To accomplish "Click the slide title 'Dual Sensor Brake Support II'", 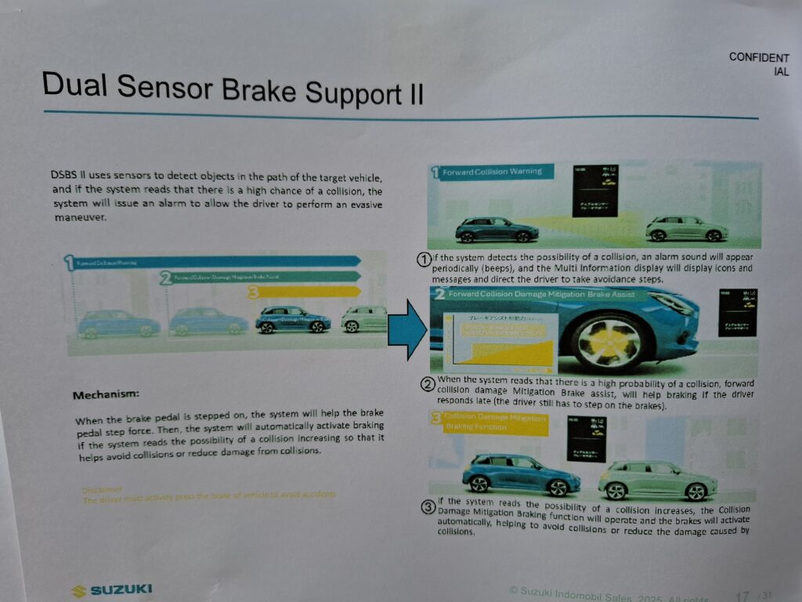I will point(233,88).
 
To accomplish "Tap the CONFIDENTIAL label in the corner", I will point(758,63).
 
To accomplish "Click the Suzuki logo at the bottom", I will point(112,590).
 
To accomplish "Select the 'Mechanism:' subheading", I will point(106,394).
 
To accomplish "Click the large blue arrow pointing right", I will point(409,329).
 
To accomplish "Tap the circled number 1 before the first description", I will point(424,259).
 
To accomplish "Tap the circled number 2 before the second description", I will point(428,384).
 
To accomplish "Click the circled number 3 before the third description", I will point(428,507).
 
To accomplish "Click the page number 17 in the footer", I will point(742,595).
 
